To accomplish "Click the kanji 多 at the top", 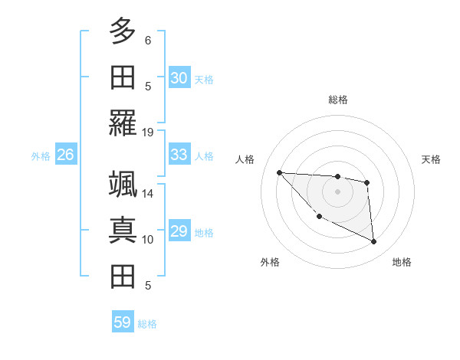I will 123,31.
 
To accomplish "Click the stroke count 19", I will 148,132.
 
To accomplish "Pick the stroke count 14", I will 148,194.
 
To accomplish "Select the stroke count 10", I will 148,240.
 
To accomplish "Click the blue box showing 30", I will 179,77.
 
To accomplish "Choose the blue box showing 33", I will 179,155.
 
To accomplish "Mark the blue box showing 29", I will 179,231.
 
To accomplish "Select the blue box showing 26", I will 66,155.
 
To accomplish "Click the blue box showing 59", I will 123,322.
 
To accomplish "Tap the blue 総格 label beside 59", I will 147,324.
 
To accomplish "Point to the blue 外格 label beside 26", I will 41,156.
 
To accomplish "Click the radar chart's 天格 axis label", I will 432,159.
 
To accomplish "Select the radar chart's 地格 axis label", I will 402,262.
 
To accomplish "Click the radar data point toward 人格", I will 279,172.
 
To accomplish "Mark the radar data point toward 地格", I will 374,242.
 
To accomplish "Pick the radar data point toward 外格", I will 319,217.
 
